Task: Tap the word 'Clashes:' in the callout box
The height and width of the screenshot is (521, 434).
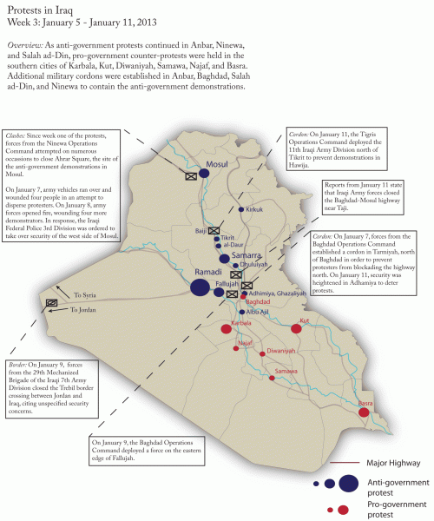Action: point(18,136)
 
